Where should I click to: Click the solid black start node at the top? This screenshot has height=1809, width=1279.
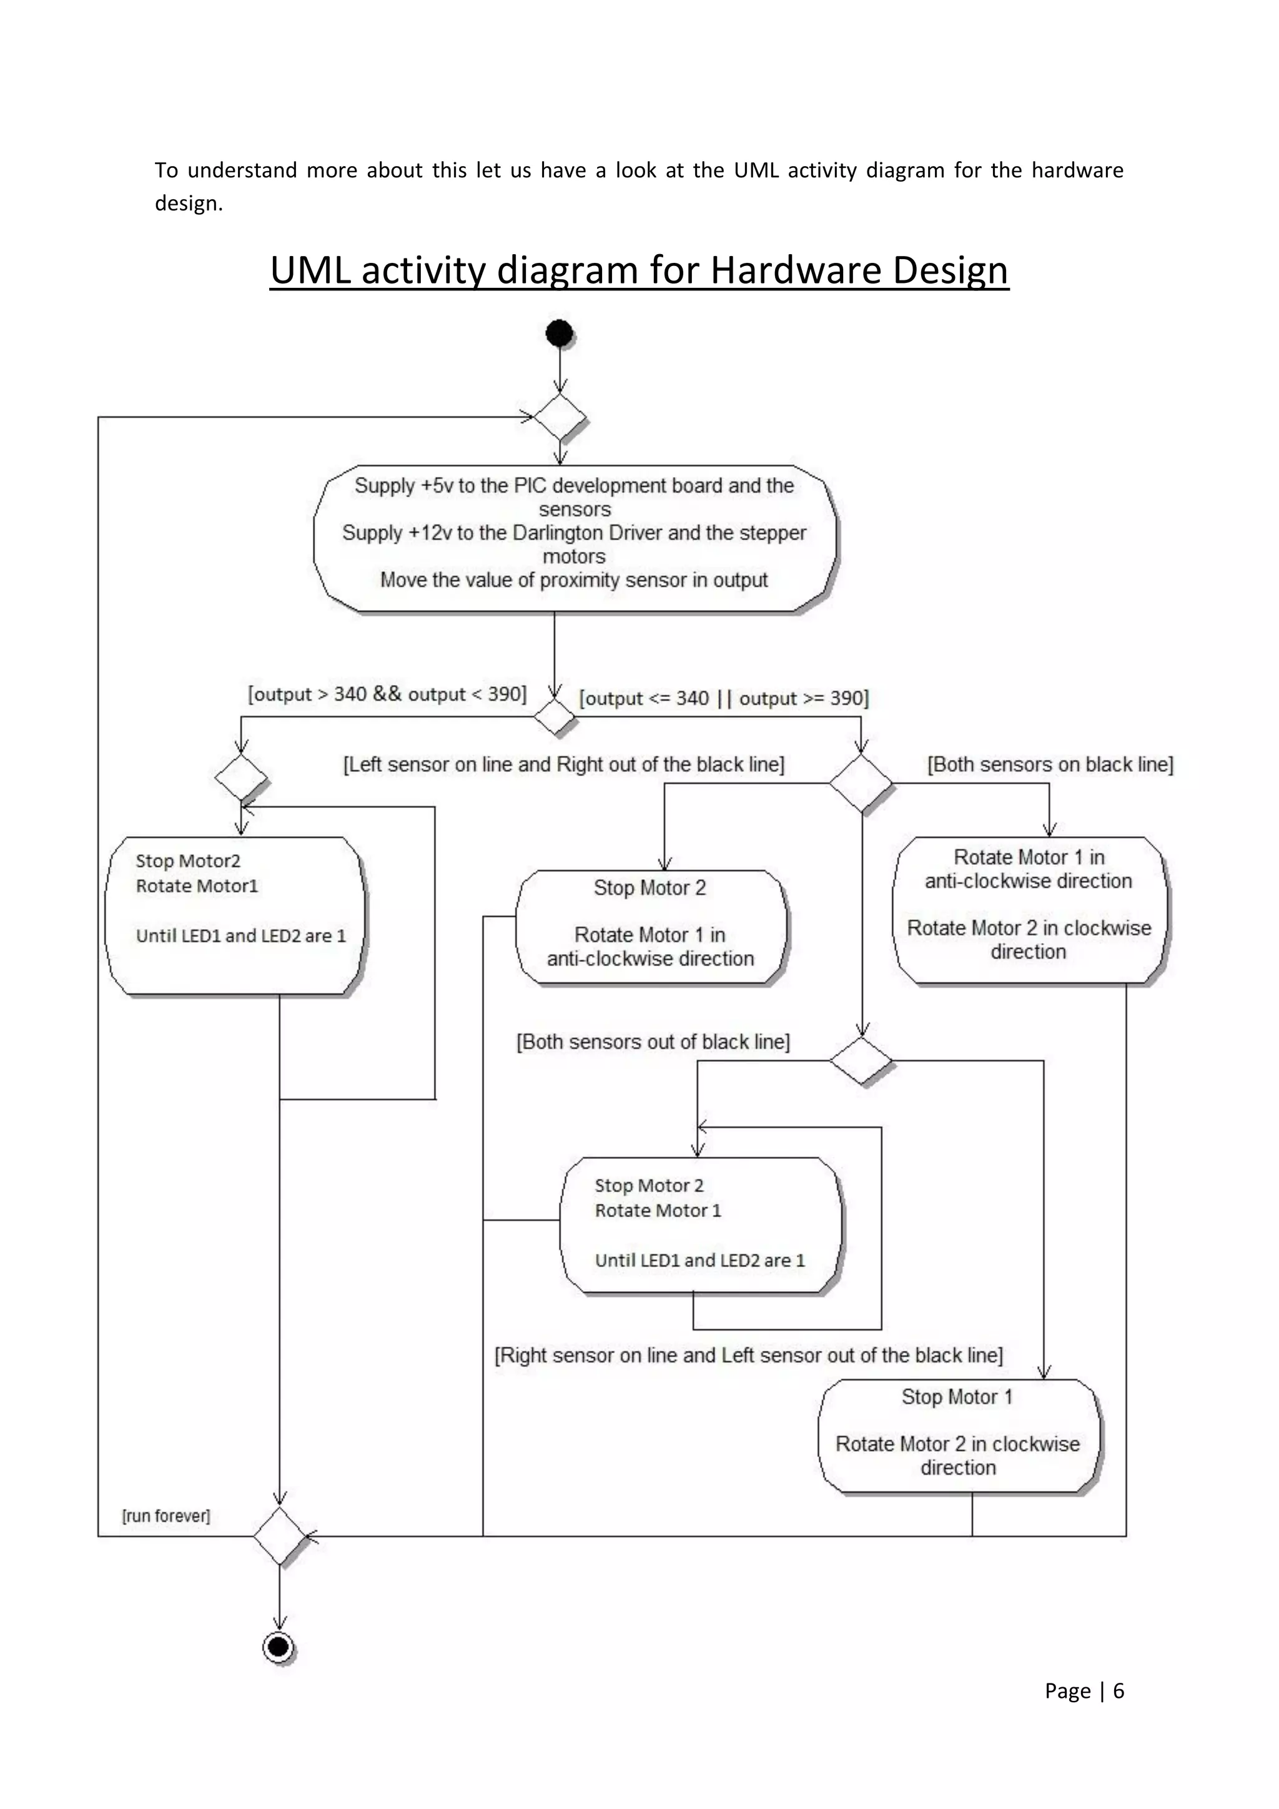click(x=559, y=333)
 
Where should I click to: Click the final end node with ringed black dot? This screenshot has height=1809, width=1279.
click(x=278, y=1647)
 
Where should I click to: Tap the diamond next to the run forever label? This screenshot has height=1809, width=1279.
click(x=280, y=1535)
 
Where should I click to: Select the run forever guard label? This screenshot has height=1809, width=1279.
click(x=166, y=1516)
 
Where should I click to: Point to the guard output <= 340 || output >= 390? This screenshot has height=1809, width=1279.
click(x=723, y=698)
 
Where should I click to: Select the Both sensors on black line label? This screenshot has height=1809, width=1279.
click(x=1050, y=764)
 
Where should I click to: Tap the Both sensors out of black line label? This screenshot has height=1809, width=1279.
click(x=653, y=1042)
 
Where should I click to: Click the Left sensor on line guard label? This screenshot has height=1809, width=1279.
click(x=563, y=764)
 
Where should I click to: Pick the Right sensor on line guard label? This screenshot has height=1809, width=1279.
click(x=748, y=1355)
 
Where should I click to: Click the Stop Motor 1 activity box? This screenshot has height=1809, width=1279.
click(x=957, y=1436)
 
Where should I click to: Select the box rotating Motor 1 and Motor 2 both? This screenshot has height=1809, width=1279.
click(x=1029, y=910)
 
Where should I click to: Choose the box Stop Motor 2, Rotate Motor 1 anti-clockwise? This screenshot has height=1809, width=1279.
click(x=650, y=927)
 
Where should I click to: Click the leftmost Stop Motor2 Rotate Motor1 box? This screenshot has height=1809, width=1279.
click(x=235, y=915)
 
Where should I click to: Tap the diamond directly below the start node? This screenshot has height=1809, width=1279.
click(x=560, y=417)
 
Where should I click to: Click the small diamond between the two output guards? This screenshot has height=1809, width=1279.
click(x=554, y=716)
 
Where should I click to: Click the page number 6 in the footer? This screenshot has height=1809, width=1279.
click(x=1117, y=1691)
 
